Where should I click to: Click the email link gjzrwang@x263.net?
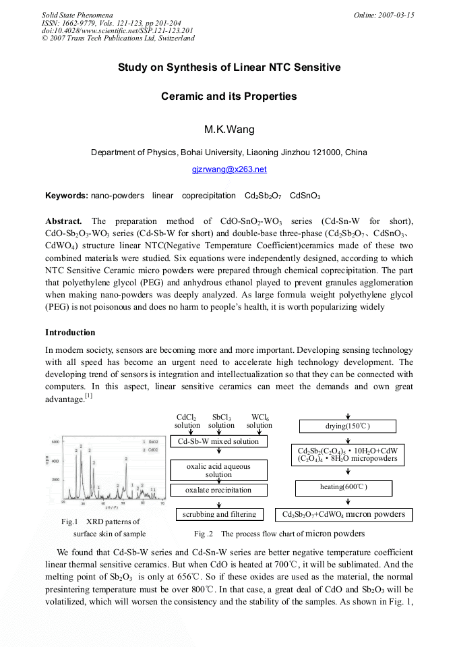click(x=229, y=169)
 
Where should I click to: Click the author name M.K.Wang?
click(x=229, y=129)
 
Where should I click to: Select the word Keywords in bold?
click(x=66, y=196)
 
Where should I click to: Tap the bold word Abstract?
click(x=63, y=221)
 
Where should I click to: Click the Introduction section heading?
click(x=70, y=333)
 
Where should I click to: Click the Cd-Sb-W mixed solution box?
click(x=218, y=441)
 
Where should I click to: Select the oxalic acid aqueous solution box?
click(x=218, y=470)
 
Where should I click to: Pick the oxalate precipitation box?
click(x=218, y=490)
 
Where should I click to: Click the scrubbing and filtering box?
click(x=219, y=514)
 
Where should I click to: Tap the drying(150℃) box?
click(x=347, y=426)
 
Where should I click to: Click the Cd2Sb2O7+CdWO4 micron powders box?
click(x=344, y=515)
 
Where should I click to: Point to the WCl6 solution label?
click(x=260, y=421)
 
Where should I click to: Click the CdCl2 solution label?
click(x=187, y=421)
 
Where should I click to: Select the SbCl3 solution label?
click(x=221, y=421)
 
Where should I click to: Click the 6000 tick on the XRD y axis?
click(x=57, y=441)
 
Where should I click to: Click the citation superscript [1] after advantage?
click(x=88, y=396)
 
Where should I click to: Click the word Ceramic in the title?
click(x=183, y=96)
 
